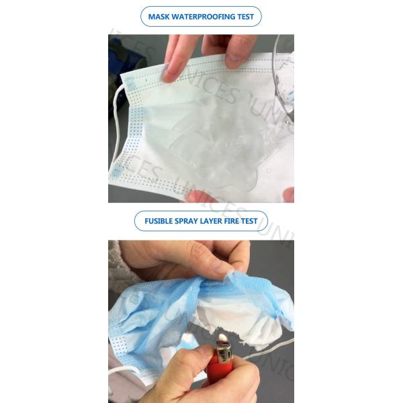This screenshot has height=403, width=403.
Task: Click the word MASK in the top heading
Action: click(x=159, y=17)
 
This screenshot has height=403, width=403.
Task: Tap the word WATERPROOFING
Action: click(x=204, y=17)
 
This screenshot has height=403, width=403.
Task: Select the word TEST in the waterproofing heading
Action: click(x=244, y=17)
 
